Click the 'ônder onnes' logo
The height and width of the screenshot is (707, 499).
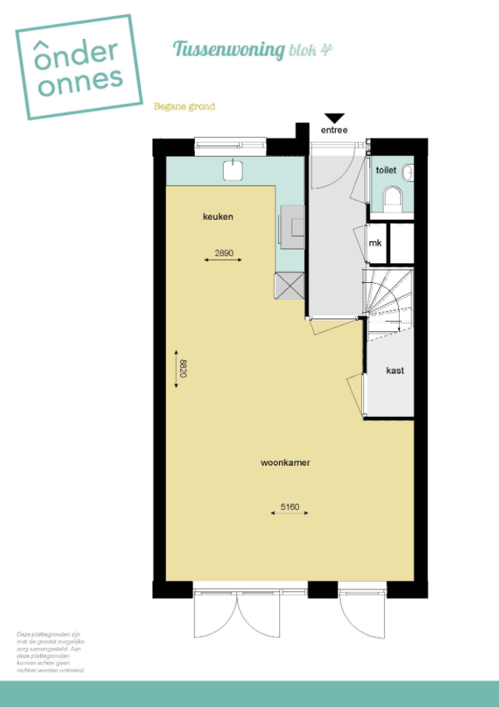point(79,68)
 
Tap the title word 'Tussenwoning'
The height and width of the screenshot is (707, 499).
point(229,49)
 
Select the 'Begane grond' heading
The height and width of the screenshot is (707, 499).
point(184,106)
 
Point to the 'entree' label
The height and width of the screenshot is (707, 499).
point(334,130)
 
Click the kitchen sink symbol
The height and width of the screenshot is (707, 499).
point(233,170)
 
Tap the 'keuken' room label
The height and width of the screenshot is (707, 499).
point(218,217)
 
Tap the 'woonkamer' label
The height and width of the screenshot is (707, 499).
point(285,463)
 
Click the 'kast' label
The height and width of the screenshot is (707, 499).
point(395,370)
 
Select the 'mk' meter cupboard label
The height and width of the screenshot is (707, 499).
point(375,243)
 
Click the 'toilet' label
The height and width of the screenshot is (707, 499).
point(385,169)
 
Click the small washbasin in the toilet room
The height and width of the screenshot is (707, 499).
point(407,173)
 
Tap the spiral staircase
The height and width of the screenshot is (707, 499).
point(387,300)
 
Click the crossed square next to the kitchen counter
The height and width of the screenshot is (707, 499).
point(288,285)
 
